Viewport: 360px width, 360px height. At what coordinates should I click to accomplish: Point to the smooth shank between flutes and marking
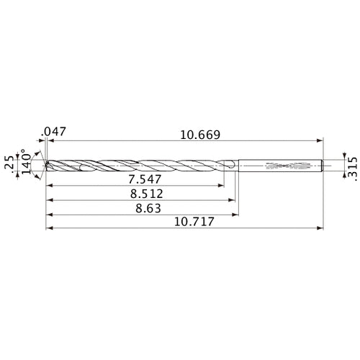[251, 165]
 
